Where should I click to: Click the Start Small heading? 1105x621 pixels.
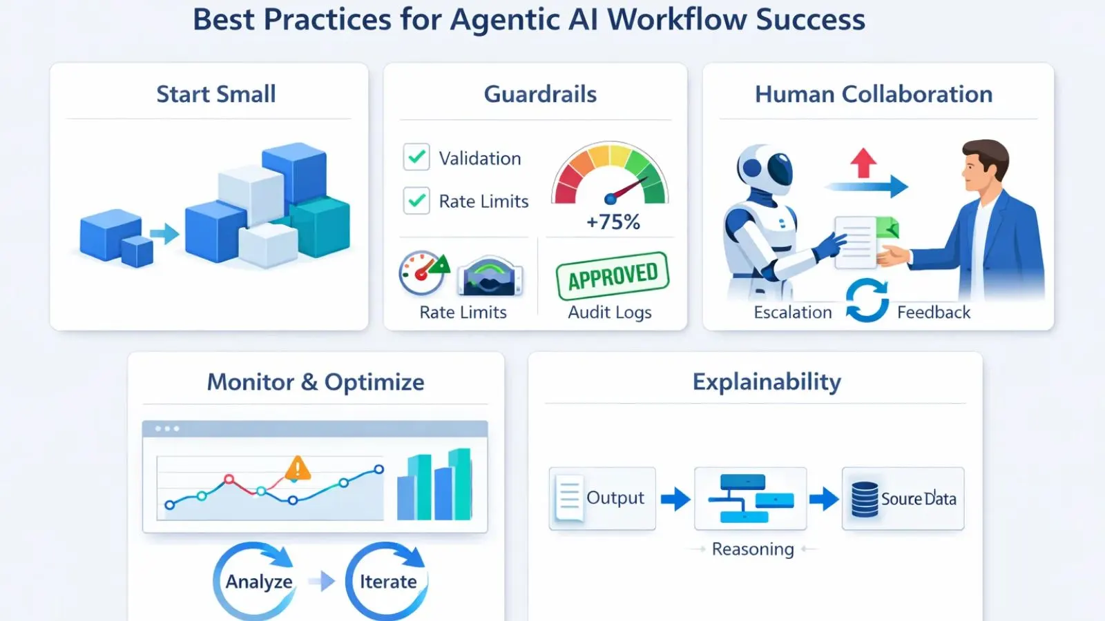tap(215, 94)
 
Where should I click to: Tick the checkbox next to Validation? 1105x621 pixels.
tap(416, 157)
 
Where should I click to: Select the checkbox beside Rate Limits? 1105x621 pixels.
tap(416, 201)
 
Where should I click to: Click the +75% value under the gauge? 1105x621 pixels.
tap(613, 222)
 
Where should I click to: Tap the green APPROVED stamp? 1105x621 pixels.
tap(613, 276)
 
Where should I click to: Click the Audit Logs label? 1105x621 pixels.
tap(609, 313)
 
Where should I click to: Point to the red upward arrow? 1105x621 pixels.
tap(863, 163)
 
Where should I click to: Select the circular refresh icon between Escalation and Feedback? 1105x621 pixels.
tap(867, 300)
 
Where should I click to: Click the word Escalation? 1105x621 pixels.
tap(793, 313)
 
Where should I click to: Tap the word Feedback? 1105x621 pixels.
tap(933, 313)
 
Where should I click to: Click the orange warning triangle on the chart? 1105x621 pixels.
tap(298, 469)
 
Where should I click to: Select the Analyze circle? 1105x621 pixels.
tap(258, 581)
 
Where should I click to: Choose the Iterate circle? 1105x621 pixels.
tap(387, 581)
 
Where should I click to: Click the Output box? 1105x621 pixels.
tap(602, 498)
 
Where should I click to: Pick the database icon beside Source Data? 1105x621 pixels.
tap(864, 500)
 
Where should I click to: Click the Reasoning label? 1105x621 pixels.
tap(753, 549)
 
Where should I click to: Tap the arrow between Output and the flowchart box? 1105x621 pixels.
tap(675, 498)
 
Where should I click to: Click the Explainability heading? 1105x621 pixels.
tap(767, 382)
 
